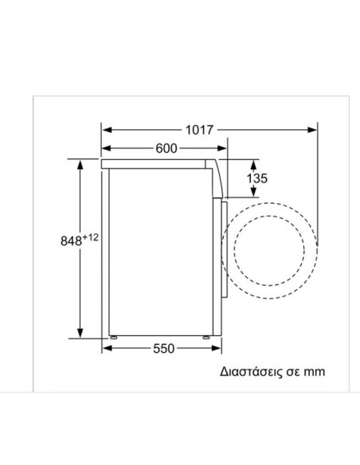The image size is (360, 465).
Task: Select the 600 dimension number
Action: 166,148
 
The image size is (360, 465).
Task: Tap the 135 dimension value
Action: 257,179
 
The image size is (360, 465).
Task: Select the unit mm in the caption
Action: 315,371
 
